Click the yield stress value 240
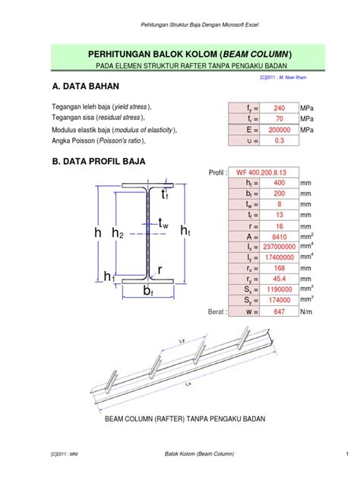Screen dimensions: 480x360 279,108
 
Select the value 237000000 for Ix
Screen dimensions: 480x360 279,247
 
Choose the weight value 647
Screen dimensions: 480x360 279,311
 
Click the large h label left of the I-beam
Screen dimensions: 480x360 98,235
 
